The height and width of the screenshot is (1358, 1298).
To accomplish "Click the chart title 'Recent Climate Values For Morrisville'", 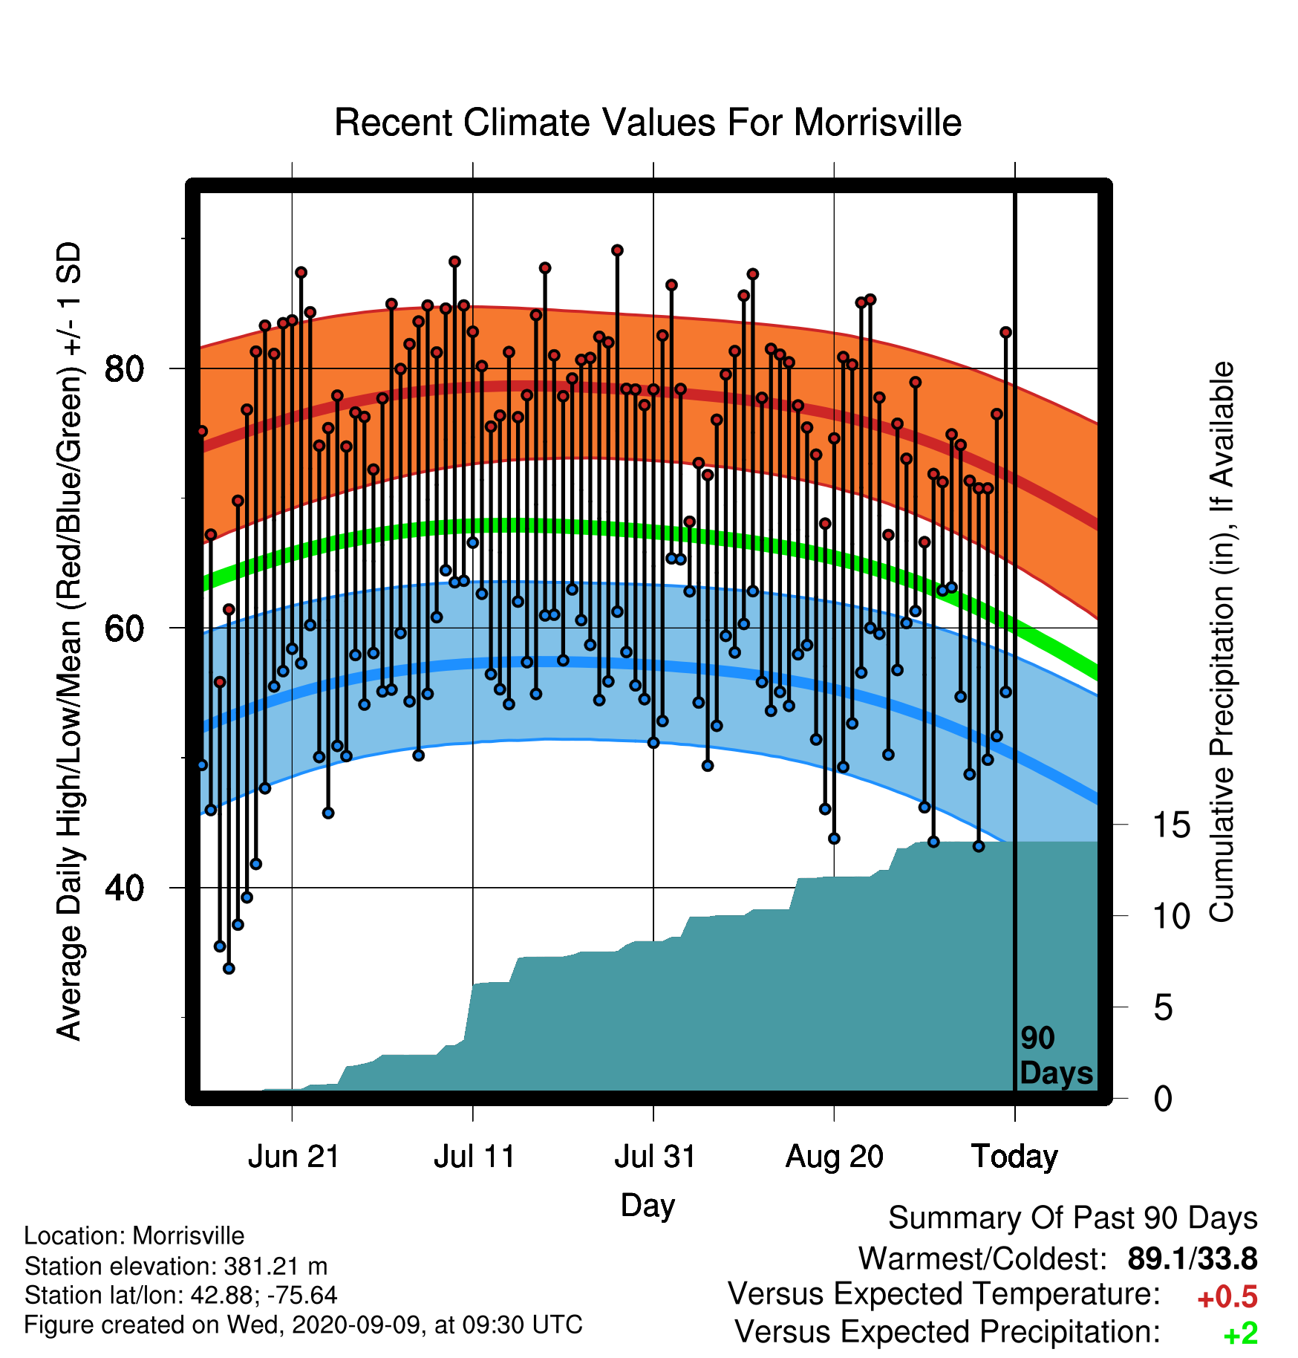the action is pyautogui.click(x=648, y=123).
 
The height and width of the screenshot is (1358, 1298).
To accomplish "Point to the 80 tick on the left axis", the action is pyautogui.click(x=125, y=368).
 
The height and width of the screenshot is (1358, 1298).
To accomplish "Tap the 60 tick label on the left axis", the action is pyautogui.click(x=125, y=628).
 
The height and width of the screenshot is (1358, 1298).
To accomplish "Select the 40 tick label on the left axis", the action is pyautogui.click(x=125, y=888).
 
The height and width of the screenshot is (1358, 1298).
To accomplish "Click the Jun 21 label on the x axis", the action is pyautogui.click(x=293, y=1157).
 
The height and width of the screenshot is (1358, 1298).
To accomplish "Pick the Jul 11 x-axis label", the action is pyautogui.click(x=474, y=1157).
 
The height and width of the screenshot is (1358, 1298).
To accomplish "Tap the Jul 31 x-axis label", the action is pyautogui.click(x=654, y=1157).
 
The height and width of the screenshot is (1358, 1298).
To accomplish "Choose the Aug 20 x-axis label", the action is pyautogui.click(x=835, y=1157).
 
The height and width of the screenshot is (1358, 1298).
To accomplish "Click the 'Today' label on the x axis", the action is pyautogui.click(x=1014, y=1157).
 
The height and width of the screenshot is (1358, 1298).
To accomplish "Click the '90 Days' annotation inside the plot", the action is pyautogui.click(x=1056, y=1056).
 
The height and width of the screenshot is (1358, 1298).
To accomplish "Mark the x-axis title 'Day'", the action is pyautogui.click(x=648, y=1206).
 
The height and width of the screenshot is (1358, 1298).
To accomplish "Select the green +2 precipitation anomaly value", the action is pyautogui.click(x=1240, y=1333).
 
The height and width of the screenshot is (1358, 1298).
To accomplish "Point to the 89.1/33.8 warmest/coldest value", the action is pyautogui.click(x=1193, y=1259).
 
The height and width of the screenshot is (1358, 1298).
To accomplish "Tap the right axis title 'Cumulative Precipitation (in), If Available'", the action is pyautogui.click(x=1222, y=642).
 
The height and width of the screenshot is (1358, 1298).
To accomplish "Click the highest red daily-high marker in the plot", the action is pyautogui.click(x=617, y=250).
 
